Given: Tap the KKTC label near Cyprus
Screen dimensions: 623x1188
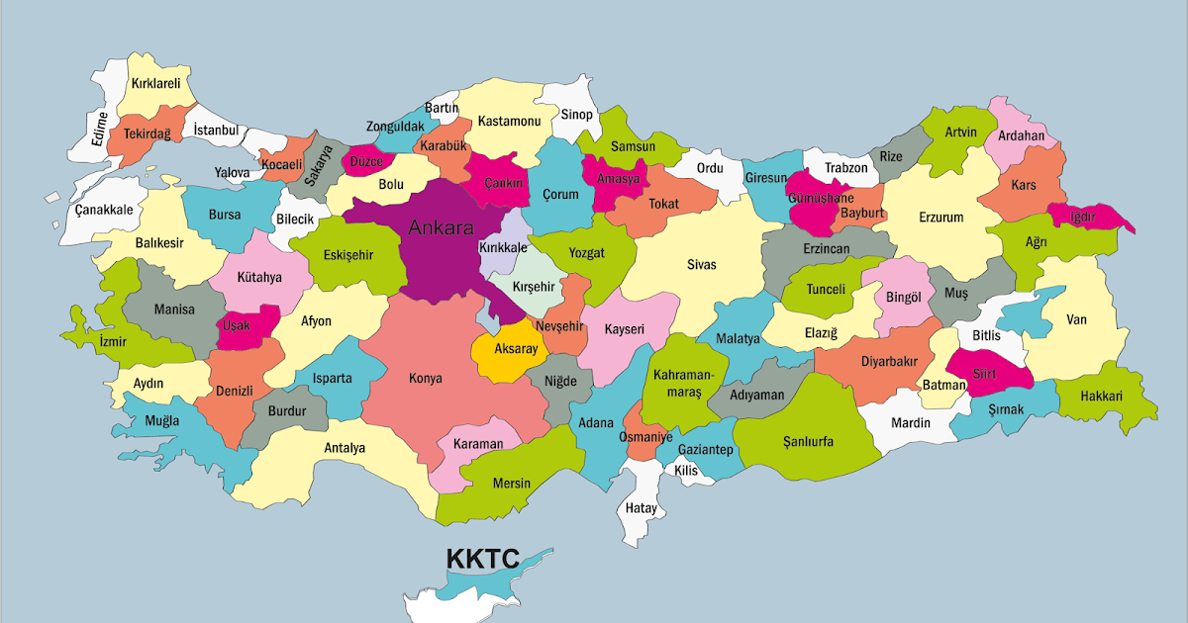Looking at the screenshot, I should (482, 559).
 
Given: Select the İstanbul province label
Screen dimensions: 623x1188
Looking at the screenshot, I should (216, 130).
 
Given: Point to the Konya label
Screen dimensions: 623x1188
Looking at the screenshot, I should (426, 378).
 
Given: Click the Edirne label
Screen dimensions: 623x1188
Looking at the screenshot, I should (99, 129).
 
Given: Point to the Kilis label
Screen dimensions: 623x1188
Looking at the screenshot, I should (686, 471).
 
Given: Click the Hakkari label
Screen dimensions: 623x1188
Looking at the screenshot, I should (1102, 396).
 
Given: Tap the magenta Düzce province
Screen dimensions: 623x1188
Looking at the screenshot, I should (367, 160).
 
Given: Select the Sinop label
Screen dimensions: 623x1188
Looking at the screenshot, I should (576, 115).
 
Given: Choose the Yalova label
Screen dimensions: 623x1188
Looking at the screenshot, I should (232, 173).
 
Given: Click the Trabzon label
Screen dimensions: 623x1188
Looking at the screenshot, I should (845, 168).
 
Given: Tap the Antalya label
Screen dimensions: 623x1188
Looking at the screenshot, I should (345, 448).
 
